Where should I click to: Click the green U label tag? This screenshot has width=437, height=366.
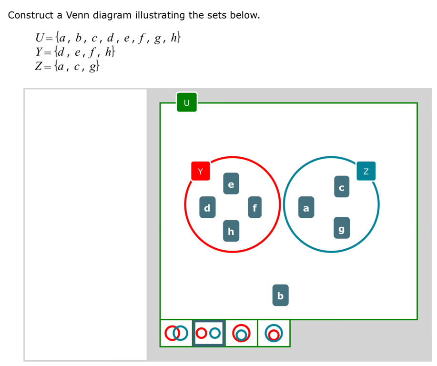187,102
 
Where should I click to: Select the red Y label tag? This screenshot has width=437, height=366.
200,171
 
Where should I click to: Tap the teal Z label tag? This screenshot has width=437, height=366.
366,171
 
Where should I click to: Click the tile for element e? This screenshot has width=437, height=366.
231,183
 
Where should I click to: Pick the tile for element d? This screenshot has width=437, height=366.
207,207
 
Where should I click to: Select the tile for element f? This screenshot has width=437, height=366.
255,207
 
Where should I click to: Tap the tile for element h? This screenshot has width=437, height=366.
231,231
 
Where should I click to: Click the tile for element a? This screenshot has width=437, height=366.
306,207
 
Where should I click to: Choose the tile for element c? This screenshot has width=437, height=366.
342,186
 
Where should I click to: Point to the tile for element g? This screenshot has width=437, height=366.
342,228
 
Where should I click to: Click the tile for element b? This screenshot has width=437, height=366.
280,295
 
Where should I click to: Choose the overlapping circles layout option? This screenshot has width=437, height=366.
176,333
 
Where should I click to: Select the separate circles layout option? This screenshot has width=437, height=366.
209,333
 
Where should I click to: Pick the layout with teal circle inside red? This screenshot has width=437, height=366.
241,333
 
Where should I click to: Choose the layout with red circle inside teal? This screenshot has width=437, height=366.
274,333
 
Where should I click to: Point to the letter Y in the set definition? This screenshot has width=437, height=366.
39,52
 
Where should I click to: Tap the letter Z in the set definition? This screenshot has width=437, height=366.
39,66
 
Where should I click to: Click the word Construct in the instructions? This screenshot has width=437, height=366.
30,15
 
